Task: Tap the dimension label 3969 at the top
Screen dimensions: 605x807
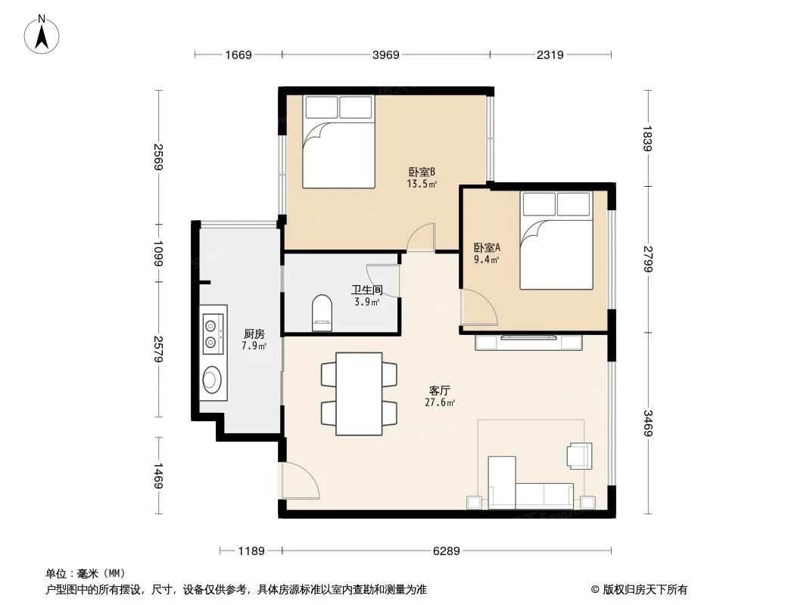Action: [386, 54]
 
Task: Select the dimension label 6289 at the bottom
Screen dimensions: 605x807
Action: [447, 551]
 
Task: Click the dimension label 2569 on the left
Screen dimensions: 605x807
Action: [158, 157]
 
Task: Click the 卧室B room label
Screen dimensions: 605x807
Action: [421, 172]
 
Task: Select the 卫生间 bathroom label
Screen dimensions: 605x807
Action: [366, 290]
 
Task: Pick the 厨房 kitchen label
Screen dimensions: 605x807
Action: [254, 334]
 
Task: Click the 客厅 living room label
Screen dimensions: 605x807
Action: [440, 391]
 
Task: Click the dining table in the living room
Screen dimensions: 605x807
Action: [359, 393]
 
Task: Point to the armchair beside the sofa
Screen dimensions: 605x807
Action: [579, 455]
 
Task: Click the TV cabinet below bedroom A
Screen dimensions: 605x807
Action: [529, 343]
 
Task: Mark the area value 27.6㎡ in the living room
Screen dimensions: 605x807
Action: [440, 403]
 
